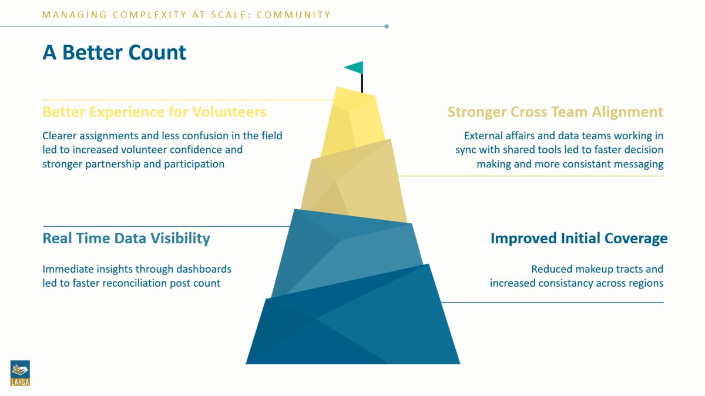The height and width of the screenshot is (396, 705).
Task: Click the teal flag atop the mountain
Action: (354, 68)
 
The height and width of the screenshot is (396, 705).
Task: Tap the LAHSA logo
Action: (19, 374)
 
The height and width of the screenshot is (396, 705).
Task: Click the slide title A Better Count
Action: (114, 52)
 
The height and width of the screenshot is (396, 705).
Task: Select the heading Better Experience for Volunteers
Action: (154, 112)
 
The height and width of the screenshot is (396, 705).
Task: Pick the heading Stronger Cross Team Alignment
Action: (555, 112)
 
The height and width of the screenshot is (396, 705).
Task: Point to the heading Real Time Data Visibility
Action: (126, 238)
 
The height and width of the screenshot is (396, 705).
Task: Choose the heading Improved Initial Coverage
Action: (579, 238)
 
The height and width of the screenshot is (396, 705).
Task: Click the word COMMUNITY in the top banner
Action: (294, 15)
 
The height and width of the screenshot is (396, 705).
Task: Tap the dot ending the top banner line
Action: (386, 26)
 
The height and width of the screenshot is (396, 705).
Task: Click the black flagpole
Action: (362, 84)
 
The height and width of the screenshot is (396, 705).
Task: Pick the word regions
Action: (643, 283)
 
